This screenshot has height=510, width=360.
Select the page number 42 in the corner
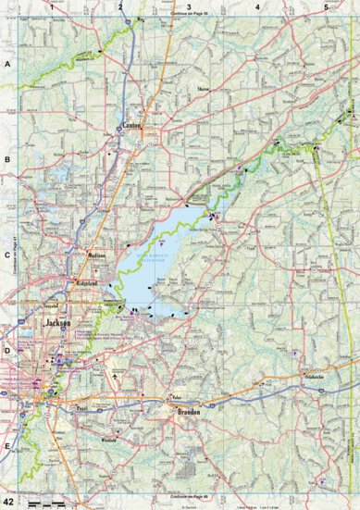coord(8,502)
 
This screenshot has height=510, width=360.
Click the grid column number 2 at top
coord(119,6)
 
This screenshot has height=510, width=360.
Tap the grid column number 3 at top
coord(189,6)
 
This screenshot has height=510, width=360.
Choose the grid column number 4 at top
coord(255,6)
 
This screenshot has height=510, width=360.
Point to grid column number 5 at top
coord(325,6)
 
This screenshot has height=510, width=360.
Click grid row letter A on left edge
coord(6,65)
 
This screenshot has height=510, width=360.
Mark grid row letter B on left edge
coord(6,159)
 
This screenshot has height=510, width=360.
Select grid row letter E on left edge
coord(6,446)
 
